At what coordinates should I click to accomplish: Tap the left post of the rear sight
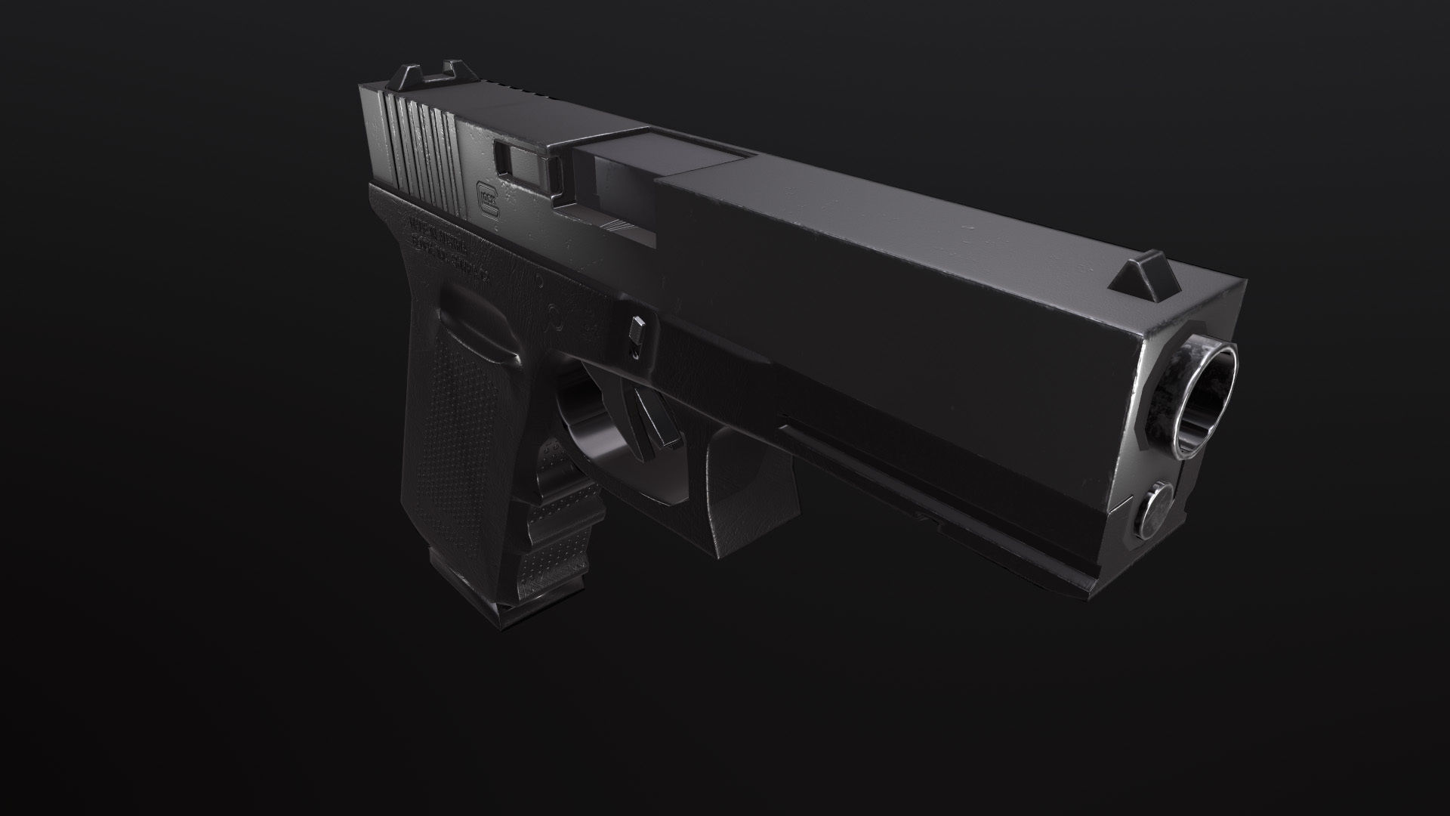403,76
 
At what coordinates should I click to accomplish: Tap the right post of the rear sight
455,71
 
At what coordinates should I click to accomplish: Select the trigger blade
653,419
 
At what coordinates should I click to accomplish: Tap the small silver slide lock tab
636,332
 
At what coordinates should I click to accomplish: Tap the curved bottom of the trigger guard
604,484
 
